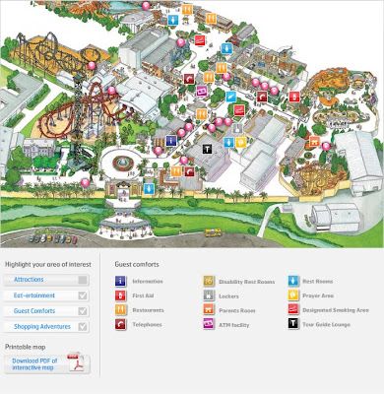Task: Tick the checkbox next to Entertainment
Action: pos(83,295)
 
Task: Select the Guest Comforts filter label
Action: pos(34,311)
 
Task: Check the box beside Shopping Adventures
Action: pos(83,326)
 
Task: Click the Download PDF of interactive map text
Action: pos(34,364)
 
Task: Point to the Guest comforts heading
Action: pos(137,264)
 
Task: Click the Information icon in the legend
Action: pos(121,281)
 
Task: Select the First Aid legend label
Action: pos(143,295)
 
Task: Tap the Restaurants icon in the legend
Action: pos(121,309)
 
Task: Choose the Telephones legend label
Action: pos(149,323)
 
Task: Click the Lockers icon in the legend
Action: pos(209,295)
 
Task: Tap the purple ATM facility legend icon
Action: pos(209,323)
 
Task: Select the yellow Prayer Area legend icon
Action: pos(293,295)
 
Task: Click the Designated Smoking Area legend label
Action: pos(336,309)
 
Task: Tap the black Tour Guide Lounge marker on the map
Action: pos(207,148)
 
